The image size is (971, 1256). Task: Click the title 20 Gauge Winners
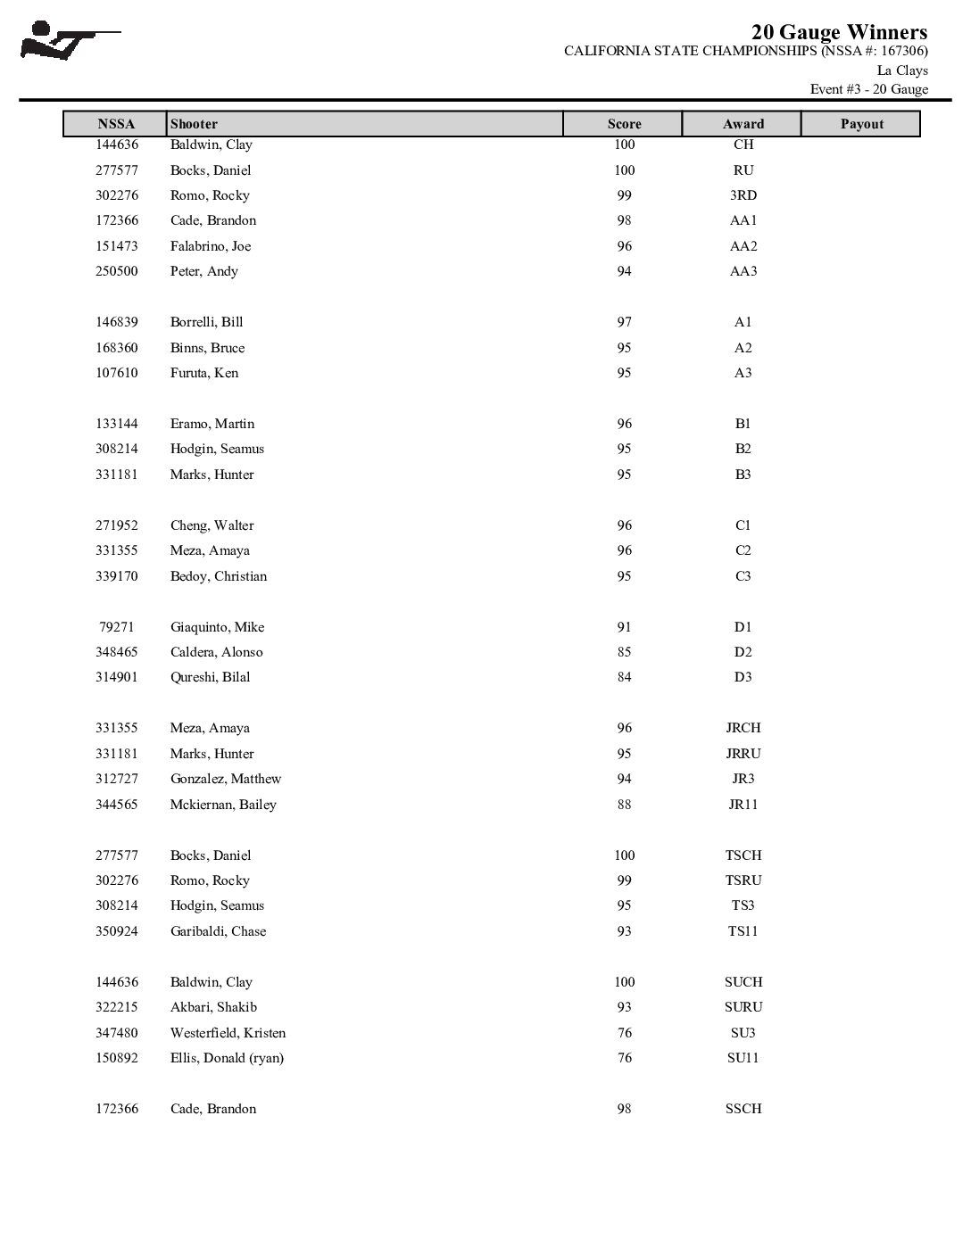(839, 32)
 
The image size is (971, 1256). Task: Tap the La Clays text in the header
(902, 70)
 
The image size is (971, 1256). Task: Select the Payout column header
(861, 124)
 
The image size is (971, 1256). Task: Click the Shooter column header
(194, 124)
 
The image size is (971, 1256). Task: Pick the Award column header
(743, 124)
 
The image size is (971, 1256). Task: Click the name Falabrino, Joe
(211, 246)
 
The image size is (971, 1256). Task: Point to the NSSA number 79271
(117, 627)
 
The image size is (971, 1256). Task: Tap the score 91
(624, 627)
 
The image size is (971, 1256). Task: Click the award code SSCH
(743, 1109)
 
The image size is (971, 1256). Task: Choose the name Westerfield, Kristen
(228, 1033)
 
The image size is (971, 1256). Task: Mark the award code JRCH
(743, 728)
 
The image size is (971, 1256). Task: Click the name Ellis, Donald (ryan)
(227, 1058)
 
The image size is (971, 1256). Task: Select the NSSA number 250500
(117, 271)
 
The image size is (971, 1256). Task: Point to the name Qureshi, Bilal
(210, 677)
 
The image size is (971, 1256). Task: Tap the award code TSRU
(743, 880)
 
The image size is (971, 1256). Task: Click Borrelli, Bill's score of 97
(624, 322)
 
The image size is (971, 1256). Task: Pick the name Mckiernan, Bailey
(223, 805)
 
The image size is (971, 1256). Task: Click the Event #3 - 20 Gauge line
(868, 89)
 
